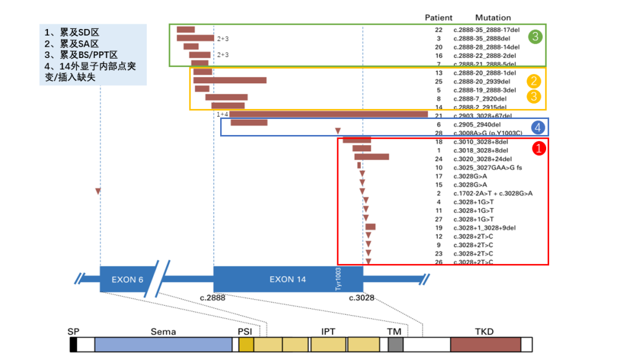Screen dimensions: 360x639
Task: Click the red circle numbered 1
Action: point(538,149)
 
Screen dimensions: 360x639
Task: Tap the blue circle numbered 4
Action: point(537,127)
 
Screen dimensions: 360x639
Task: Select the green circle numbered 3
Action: point(535,37)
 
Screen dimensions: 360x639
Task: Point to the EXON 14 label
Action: point(288,279)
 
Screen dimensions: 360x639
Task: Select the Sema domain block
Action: point(163,345)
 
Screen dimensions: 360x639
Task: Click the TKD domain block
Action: point(485,345)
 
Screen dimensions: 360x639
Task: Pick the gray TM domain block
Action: point(395,345)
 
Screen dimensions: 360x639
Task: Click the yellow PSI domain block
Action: point(246,345)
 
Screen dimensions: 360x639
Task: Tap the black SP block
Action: point(73,345)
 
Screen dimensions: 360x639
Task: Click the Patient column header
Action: point(438,18)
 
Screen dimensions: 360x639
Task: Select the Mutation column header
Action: point(493,18)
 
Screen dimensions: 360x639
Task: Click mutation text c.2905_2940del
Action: point(477,124)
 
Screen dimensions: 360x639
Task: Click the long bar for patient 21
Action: point(328,114)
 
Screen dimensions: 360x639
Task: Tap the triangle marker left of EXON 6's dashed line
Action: point(98,191)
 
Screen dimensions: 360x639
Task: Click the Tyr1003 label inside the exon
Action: point(339,278)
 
